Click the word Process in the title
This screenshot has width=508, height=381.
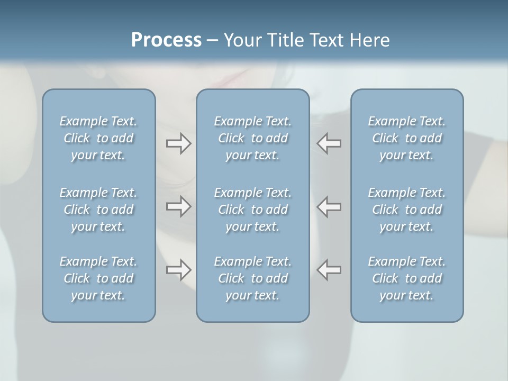pos(166,40)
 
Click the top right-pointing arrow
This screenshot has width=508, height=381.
pos(178,143)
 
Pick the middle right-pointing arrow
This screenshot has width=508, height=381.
pos(178,206)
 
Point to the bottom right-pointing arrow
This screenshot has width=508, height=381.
pos(178,270)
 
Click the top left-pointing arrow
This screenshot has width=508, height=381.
pos(329,143)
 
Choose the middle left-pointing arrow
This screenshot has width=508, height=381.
pos(329,206)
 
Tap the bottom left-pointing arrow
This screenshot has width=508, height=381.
pos(329,270)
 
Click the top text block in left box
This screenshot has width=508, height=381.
pos(98,138)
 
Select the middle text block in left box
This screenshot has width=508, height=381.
pos(98,210)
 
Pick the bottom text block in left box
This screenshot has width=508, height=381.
pos(98,278)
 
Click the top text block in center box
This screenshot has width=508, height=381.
pos(252,138)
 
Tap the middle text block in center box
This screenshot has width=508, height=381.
pos(252,210)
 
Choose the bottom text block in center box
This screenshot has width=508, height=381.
pos(252,278)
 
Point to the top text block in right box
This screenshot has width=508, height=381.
pos(406,138)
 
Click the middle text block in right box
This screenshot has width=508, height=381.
pos(406,210)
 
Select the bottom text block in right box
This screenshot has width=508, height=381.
pos(406,278)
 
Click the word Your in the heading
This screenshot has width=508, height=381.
pos(242,40)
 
